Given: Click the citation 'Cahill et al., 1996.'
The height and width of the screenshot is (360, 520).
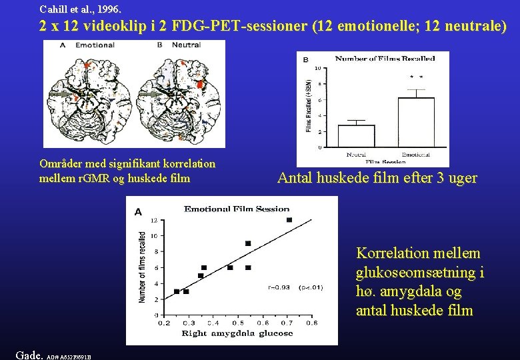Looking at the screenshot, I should tap(81, 9).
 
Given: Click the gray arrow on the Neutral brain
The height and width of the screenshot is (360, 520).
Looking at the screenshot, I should tap(153, 95).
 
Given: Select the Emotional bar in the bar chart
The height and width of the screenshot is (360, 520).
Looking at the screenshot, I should tap(416, 122).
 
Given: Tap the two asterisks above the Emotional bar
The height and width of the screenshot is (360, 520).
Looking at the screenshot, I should tap(416, 77).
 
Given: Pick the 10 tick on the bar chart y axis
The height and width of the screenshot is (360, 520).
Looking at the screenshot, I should tap(317, 68).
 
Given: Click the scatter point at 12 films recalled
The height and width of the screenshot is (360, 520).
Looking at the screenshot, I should tap(289, 220).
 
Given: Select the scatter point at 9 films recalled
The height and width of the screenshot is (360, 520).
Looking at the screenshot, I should tap(248, 243).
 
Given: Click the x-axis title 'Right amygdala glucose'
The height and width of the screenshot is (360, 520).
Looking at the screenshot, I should tap(237, 333).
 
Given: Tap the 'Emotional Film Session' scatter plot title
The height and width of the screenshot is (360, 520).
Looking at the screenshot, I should tap(237, 209).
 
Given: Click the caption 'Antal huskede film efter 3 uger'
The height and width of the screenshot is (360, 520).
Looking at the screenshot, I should tap(377, 178).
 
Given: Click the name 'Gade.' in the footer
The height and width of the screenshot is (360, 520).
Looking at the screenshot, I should tap(28, 353).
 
